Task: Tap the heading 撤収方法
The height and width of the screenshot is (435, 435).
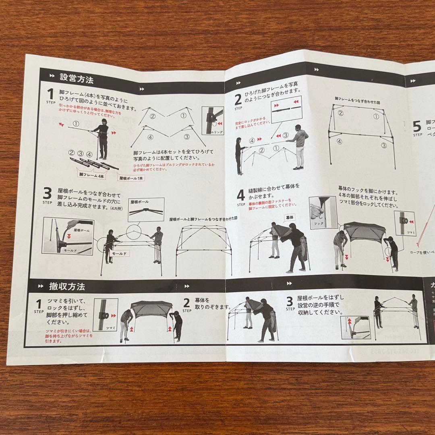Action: (x=67, y=287)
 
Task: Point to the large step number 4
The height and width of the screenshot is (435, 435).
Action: (x=240, y=195)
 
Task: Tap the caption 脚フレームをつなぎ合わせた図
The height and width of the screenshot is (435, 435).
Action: (x=358, y=99)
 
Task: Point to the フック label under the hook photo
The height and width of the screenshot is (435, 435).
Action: (x=319, y=223)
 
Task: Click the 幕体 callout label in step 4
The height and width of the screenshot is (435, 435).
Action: (x=290, y=217)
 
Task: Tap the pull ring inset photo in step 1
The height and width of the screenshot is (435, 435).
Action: (x=212, y=120)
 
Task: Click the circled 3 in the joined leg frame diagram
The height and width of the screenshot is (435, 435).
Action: (x=384, y=145)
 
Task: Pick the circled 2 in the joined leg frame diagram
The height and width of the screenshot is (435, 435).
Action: (x=340, y=113)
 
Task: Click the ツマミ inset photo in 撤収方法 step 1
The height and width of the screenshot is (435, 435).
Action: (x=106, y=314)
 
